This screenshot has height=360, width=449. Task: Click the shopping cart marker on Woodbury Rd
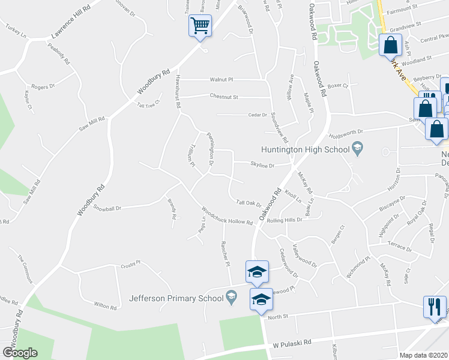[x=200, y=26]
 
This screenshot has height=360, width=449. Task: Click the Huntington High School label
[x=305, y=149]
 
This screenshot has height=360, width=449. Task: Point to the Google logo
[x=20, y=353]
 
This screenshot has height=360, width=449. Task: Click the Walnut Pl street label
[x=221, y=79]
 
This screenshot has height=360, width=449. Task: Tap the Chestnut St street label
[x=224, y=97]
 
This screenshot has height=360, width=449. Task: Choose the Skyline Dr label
[x=262, y=165]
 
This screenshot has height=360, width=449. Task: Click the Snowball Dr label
[x=107, y=208]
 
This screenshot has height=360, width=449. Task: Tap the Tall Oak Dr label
[x=249, y=203]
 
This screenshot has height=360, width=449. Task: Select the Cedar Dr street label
[x=256, y=115]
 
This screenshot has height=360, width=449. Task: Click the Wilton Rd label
[x=105, y=305]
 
